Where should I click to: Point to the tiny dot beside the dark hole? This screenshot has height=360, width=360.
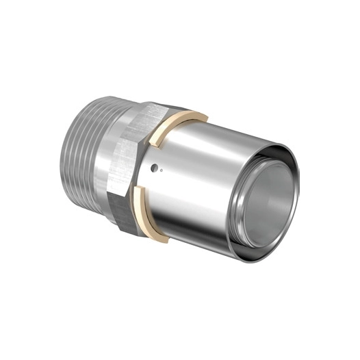click(x=162, y=172)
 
